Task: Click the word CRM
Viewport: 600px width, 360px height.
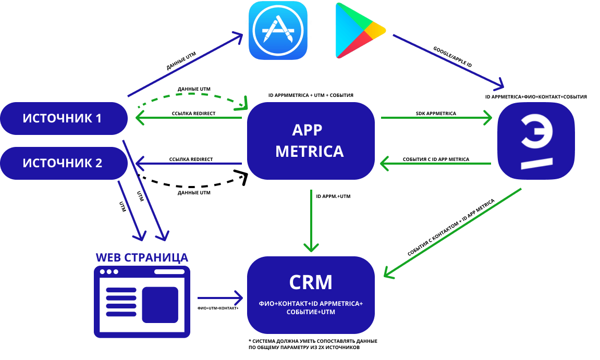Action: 311,282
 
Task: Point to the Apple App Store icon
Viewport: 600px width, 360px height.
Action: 277,30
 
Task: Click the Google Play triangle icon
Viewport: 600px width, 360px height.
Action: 359,30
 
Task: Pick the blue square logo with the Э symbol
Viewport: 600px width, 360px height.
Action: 536,141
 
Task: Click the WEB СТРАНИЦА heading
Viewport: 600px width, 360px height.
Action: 142,258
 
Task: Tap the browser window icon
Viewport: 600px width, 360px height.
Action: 142,301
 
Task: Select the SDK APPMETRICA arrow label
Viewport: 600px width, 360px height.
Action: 436,113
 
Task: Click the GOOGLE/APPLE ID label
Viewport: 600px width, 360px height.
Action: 452,58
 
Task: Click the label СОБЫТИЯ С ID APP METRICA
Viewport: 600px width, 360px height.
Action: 436,159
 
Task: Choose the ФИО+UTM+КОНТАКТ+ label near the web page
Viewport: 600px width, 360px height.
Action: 218,308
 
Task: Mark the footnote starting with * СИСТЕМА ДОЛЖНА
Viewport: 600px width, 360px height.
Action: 313,344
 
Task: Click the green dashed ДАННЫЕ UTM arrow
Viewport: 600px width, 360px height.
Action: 193,97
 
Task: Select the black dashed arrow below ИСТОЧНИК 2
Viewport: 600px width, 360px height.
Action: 193,185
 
